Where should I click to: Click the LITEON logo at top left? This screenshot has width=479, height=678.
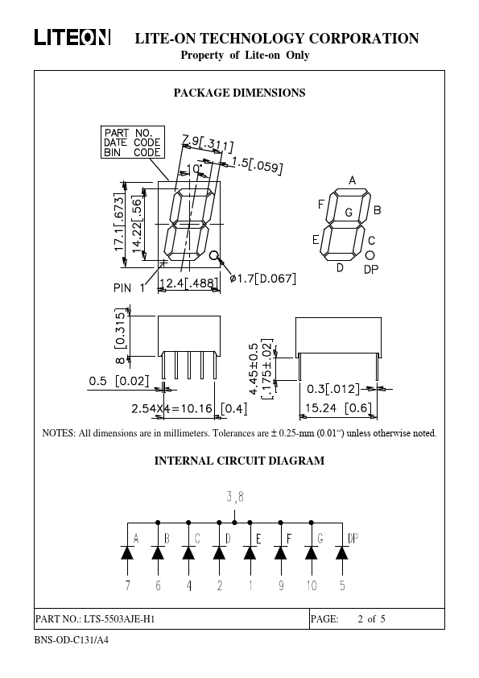(x=72, y=37)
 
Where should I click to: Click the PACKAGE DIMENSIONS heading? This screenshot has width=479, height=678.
(x=240, y=93)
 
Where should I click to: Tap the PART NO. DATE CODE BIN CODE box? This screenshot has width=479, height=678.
(x=133, y=143)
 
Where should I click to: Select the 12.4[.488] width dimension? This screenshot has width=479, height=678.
(x=189, y=283)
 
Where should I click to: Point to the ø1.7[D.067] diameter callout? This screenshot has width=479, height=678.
(x=262, y=279)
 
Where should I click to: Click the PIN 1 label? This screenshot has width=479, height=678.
(x=130, y=287)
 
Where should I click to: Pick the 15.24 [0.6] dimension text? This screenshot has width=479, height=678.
(x=338, y=407)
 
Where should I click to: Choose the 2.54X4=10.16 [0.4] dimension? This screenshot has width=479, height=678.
(x=189, y=408)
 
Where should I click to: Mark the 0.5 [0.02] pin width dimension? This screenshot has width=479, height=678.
(x=119, y=381)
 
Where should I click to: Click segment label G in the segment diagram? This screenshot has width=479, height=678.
(x=349, y=213)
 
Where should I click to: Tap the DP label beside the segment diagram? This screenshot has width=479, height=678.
(x=371, y=270)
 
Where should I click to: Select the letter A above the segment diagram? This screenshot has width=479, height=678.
(x=353, y=180)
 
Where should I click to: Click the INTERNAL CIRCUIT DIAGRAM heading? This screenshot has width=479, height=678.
(x=240, y=461)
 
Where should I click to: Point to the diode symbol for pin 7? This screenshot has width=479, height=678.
(x=127, y=552)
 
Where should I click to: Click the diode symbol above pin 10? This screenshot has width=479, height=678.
(x=312, y=552)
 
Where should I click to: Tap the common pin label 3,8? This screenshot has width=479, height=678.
(x=235, y=498)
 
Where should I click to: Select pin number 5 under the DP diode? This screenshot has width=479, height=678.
(x=342, y=585)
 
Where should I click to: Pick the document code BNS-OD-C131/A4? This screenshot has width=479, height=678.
(x=72, y=640)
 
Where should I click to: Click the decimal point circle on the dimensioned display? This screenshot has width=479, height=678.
(x=214, y=255)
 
